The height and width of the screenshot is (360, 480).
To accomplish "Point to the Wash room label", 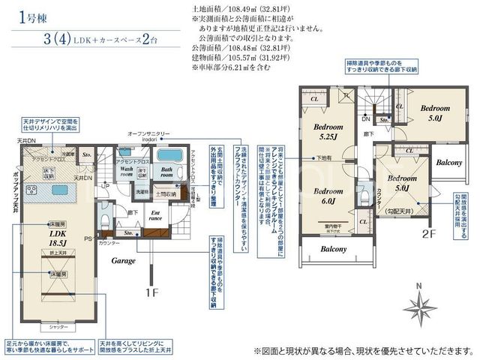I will pyautogui.click(x=127, y=172).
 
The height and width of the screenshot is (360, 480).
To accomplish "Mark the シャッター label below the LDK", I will pyautogui.click(x=58, y=327).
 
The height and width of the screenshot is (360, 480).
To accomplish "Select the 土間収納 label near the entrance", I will pyautogui.click(x=166, y=194).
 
